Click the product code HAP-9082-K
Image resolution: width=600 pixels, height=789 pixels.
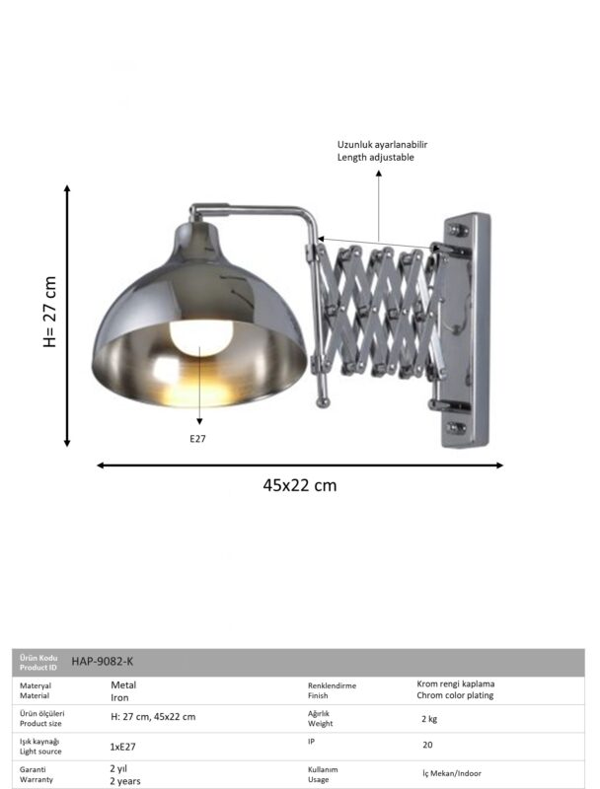pyautogui.click(x=103, y=661)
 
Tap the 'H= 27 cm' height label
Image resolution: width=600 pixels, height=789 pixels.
pyautogui.click(x=49, y=312)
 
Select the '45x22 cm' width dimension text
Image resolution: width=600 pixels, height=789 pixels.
pyautogui.click(x=299, y=485)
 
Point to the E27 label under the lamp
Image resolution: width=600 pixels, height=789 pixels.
pyautogui.click(x=197, y=439)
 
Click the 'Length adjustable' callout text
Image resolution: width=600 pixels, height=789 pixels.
pyautogui.click(x=376, y=157)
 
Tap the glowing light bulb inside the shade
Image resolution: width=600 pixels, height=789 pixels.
pyautogui.click(x=201, y=337)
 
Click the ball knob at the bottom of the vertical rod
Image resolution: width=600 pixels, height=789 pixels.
pyautogui.click(x=322, y=402)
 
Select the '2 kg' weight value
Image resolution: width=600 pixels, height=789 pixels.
pyautogui.click(x=429, y=719)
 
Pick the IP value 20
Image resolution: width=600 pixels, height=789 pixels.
pyautogui.click(x=427, y=745)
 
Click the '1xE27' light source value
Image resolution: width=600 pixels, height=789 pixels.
pyautogui.click(x=122, y=747)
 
